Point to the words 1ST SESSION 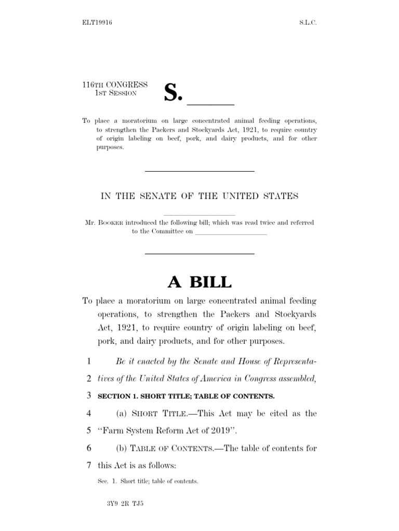pos(115,93)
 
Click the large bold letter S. pos(173,92)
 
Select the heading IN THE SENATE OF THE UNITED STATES pos(199,196)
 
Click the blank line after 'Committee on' pos(231,232)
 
